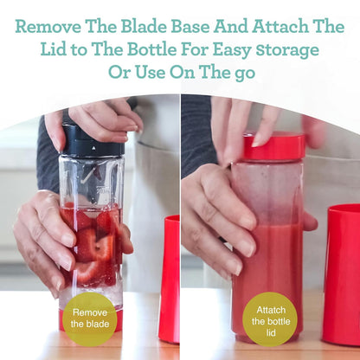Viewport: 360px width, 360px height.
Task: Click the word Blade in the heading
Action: click(x=144, y=27)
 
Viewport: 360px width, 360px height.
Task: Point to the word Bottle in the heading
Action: click(x=151, y=49)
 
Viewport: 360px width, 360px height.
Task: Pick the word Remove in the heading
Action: click(x=48, y=27)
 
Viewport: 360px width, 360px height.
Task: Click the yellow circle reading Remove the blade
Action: click(x=90, y=319)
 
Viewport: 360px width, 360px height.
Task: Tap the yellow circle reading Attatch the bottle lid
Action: click(x=270, y=319)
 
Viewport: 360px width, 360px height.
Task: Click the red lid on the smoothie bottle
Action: click(x=273, y=146)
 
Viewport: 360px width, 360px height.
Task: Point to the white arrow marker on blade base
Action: click(x=93, y=148)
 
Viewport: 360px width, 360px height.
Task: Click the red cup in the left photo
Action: click(x=169, y=279)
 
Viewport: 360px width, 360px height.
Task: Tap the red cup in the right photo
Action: click(x=342, y=274)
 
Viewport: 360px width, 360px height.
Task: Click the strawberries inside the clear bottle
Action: click(x=93, y=245)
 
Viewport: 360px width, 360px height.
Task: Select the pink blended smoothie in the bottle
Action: click(x=268, y=277)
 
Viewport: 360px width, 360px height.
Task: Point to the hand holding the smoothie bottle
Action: click(x=219, y=219)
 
